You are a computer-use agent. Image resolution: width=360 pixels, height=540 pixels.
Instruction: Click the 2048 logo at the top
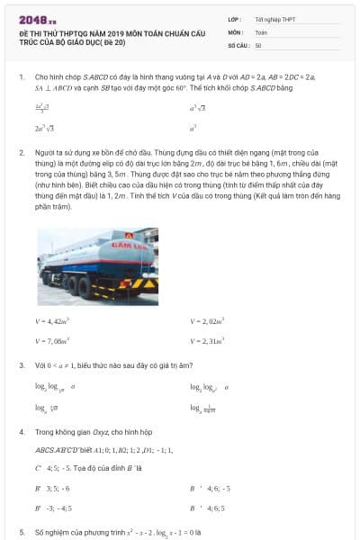[x=31, y=16]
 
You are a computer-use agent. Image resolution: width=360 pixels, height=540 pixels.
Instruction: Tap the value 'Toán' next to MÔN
[x=261, y=31]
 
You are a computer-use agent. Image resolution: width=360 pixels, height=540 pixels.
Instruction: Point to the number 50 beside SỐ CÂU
[x=259, y=45]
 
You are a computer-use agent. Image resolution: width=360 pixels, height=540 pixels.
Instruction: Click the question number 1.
[x=21, y=77]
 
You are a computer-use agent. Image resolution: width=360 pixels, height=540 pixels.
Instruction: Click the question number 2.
[x=21, y=153]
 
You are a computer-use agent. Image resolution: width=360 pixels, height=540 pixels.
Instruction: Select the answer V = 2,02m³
[x=207, y=321]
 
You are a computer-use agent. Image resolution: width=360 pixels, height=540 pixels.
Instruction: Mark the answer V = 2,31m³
[x=208, y=341]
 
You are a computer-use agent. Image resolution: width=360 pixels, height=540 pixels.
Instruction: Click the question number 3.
[x=21, y=365]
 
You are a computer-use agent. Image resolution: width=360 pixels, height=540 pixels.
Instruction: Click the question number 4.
[x=21, y=432]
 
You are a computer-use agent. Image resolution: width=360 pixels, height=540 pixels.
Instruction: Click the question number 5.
[x=21, y=532]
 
